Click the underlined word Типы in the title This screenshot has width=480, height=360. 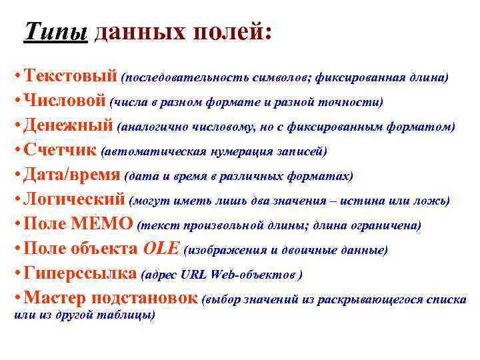click(x=56, y=31)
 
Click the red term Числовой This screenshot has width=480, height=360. click(x=64, y=101)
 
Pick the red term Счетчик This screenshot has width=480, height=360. click(x=60, y=150)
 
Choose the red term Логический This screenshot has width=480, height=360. click(x=74, y=199)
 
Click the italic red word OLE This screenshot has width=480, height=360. click(x=161, y=249)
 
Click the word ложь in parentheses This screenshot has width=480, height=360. click(x=432, y=201)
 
